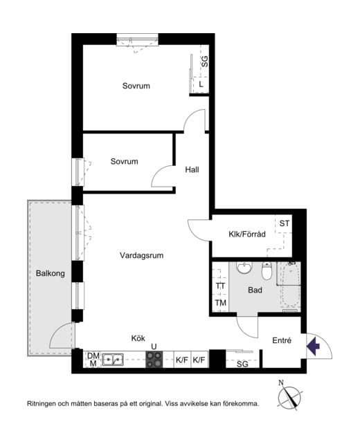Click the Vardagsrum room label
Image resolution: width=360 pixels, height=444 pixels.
click(x=141, y=255)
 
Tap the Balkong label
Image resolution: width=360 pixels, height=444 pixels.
click(x=50, y=274)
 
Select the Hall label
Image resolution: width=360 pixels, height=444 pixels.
click(x=192, y=169)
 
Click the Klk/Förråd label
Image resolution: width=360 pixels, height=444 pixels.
click(x=247, y=234)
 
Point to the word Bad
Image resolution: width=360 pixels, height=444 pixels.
click(x=255, y=290)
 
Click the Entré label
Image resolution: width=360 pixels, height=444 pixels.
click(x=282, y=340)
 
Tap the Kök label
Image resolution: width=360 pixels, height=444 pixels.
click(x=138, y=338)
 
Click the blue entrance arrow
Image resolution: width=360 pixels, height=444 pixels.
click(x=313, y=346)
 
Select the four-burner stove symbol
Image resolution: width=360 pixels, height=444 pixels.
click(x=154, y=360)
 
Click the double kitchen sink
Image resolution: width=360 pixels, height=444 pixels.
click(x=113, y=360)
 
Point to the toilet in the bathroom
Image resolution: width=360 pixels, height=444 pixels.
click(x=267, y=270)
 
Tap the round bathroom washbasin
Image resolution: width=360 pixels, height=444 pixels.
click(x=244, y=268)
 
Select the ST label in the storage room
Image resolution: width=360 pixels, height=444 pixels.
click(x=285, y=223)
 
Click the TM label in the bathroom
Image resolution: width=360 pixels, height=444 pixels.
click(x=221, y=303)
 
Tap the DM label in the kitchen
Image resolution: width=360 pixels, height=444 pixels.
click(x=93, y=355)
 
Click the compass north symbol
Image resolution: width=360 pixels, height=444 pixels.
click(x=289, y=396)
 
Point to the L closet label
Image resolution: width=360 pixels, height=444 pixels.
click(x=201, y=84)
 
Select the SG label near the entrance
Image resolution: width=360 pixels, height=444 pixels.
click(x=242, y=364)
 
